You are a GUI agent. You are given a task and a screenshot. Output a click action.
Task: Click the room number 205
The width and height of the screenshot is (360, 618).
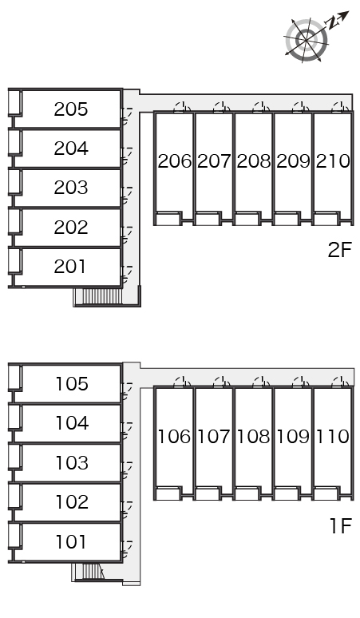(x=71, y=109)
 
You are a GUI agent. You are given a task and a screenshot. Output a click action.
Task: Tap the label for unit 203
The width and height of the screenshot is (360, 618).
(x=71, y=188)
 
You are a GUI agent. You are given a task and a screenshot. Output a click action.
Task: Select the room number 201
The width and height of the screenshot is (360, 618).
(x=70, y=267)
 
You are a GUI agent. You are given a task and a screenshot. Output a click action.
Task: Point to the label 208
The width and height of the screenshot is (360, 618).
(x=254, y=160)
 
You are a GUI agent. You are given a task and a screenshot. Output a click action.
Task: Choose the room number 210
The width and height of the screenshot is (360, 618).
(x=333, y=160)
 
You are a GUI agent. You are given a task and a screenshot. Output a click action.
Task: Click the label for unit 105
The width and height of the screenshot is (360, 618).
(x=72, y=384)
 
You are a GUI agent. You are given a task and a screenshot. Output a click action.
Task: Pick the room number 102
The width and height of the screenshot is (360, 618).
(x=72, y=502)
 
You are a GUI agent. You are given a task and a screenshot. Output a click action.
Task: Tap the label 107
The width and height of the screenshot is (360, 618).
(x=213, y=436)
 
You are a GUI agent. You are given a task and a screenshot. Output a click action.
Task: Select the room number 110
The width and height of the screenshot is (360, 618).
(x=333, y=436)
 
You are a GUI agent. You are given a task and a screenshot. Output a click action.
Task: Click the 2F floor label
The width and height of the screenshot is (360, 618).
(x=339, y=249)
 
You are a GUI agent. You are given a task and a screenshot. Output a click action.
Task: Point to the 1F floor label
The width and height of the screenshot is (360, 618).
(x=340, y=525)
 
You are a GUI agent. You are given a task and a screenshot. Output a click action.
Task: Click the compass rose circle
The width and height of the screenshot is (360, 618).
(x=306, y=40)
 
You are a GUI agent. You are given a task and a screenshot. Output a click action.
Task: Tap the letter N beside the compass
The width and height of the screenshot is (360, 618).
(x=333, y=24)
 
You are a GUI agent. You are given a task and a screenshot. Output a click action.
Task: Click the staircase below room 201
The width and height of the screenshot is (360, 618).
(x=99, y=296)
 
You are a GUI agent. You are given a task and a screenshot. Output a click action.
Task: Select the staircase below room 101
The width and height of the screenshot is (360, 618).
(x=92, y=571)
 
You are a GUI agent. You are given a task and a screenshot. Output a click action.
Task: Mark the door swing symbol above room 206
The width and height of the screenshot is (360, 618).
(x=182, y=107)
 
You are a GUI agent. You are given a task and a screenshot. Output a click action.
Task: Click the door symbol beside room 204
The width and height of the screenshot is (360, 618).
(x=127, y=155)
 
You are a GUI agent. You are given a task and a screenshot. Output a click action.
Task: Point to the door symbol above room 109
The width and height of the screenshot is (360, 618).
(x=300, y=382)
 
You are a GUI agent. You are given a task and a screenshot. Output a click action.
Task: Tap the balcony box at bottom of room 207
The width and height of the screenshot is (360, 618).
(x=208, y=218)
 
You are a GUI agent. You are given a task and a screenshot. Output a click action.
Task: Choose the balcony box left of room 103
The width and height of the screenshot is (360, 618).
(x=15, y=457)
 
